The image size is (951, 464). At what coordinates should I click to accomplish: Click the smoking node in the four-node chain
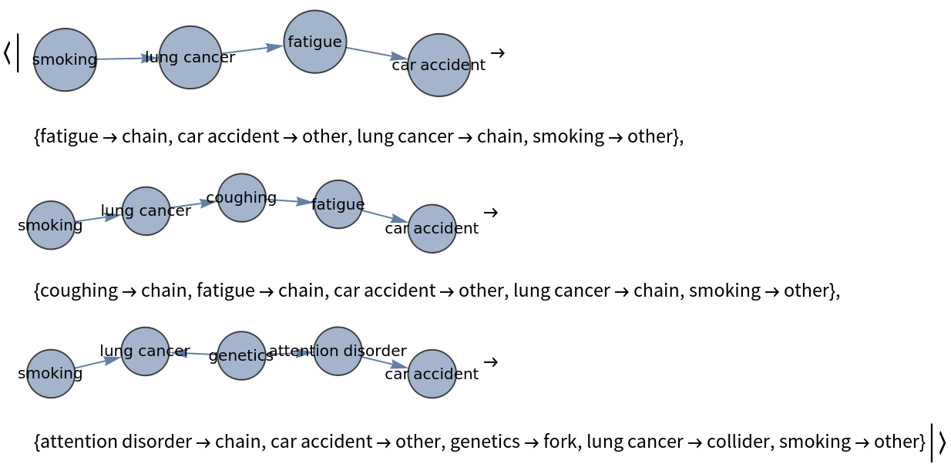coord(66,59)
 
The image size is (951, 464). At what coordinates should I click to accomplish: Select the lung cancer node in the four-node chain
coord(190,57)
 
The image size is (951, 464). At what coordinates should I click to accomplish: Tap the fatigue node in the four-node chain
coord(315,42)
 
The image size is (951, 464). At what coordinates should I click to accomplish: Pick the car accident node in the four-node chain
coord(439,65)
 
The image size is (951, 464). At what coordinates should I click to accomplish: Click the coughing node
coord(242,197)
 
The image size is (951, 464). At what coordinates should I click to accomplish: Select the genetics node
coord(241,355)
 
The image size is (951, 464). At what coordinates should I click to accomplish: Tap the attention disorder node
coord(338,351)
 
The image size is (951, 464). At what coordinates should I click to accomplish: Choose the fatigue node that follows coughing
coord(338,204)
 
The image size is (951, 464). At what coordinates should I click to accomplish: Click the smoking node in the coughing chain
coord(51,225)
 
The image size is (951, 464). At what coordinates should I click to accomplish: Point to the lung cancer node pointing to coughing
coord(146,210)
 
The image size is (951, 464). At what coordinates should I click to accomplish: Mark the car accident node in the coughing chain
coord(432,228)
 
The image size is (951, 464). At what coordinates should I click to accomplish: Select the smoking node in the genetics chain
coord(51,374)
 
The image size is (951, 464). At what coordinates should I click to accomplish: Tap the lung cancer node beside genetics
coord(145,351)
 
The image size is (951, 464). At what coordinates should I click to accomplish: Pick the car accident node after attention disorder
coord(432,374)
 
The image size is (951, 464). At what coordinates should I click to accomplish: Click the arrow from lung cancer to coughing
coord(193,204)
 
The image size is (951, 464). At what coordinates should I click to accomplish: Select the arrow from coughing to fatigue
coord(290,200)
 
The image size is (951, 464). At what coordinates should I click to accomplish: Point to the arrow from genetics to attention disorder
coord(290,353)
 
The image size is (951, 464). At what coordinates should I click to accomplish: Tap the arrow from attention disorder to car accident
coord(385,362)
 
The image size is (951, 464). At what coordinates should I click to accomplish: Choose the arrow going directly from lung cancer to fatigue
coord(253,49)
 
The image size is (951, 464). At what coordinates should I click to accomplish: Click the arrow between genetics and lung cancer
coord(193,353)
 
